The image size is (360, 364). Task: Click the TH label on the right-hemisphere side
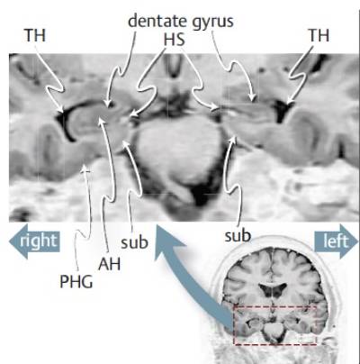coord(35,35)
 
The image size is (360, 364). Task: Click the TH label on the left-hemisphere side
coord(319,35)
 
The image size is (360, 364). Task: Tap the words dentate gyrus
coord(181,22)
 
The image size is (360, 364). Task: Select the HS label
coord(175,40)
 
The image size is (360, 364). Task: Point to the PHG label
coord(76,282)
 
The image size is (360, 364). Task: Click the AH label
coord(110,264)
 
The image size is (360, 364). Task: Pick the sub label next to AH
coord(134,242)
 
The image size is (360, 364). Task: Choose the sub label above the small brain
coord(238,236)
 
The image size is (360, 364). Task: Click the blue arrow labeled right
coord(34,241)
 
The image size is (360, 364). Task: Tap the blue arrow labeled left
coord(336,241)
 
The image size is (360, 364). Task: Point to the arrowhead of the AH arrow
coord(102,121)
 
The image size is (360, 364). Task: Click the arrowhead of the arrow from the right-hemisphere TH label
coord(61,110)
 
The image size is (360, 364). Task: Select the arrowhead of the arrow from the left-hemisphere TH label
coord(289,102)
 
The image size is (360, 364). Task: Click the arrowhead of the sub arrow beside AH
coord(126,143)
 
